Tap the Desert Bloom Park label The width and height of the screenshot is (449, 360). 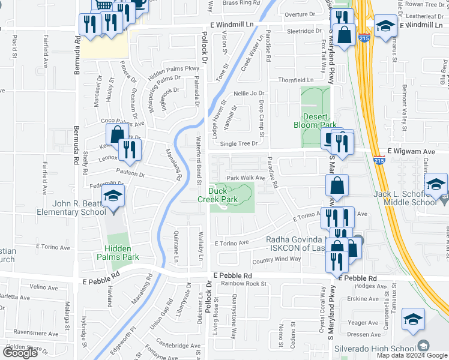point(315,121)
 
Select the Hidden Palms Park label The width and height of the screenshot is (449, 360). point(122,252)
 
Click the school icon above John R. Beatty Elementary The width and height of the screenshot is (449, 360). point(112,197)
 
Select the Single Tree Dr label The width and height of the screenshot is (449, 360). point(238,143)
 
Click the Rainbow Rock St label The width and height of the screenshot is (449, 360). point(243,283)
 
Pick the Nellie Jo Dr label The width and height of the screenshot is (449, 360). point(249,93)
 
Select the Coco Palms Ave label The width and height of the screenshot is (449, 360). point(122,124)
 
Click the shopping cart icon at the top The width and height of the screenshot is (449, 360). point(104,4)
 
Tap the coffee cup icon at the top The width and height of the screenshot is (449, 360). point(139,3)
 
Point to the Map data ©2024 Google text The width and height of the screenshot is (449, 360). point(412,355)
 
